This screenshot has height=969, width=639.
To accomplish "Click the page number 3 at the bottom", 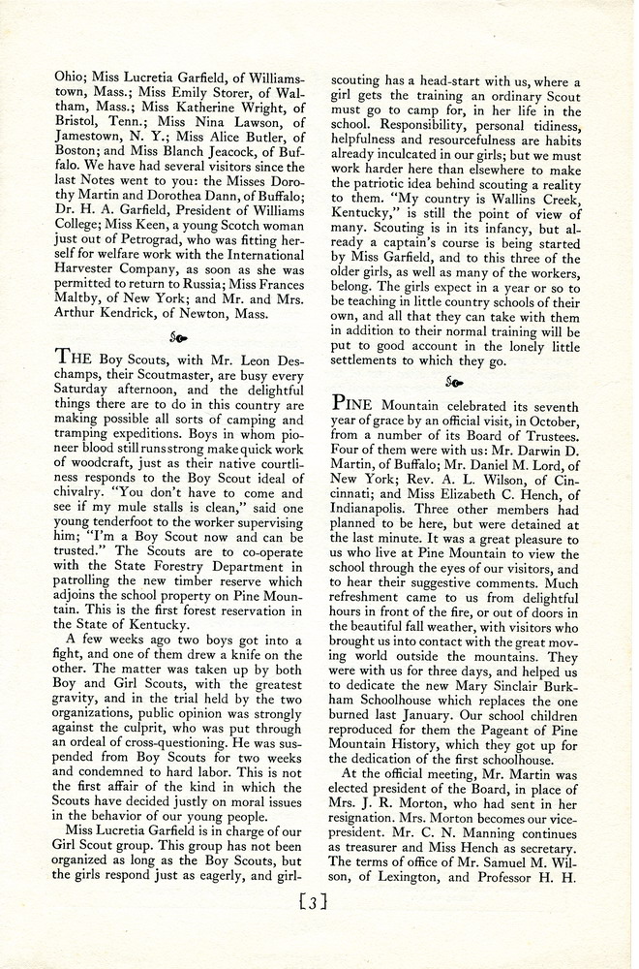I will [317, 903].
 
